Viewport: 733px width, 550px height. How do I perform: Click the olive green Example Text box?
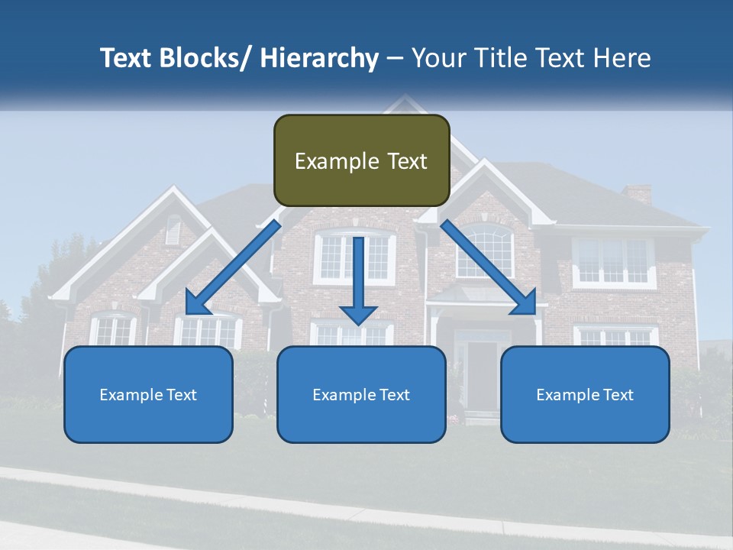(x=361, y=160)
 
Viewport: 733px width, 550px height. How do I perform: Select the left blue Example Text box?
(x=148, y=394)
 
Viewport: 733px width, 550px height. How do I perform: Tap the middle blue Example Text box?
(x=361, y=394)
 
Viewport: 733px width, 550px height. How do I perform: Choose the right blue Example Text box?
(x=585, y=394)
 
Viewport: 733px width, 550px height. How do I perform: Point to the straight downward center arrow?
(x=359, y=283)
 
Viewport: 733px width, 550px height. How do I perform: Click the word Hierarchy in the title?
(x=319, y=58)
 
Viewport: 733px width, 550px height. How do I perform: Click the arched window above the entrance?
(x=486, y=252)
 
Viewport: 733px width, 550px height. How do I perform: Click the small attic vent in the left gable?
(x=174, y=230)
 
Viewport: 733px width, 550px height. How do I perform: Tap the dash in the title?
(x=395, y=58)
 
